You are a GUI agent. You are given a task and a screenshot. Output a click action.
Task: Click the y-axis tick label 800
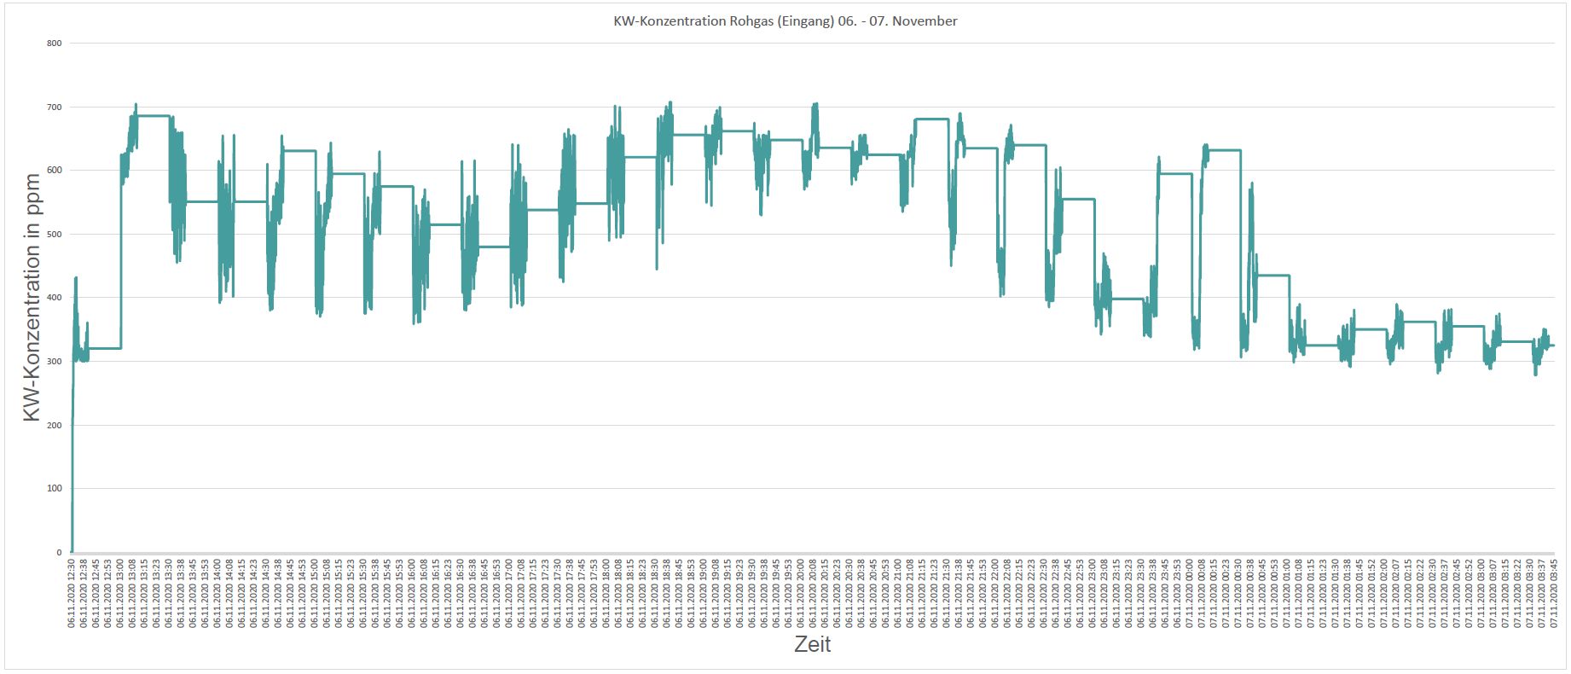[x=54, y=43]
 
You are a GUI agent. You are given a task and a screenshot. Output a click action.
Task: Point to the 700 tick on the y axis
[x=54, y=107]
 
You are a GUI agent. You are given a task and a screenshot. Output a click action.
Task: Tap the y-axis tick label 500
[x=54, y=234]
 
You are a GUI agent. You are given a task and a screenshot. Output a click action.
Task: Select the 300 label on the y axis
[x=54, y=361]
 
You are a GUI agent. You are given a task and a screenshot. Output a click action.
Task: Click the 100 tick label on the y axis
[x=54, y=488]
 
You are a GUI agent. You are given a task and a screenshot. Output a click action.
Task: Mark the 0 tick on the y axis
[x=58, y=552]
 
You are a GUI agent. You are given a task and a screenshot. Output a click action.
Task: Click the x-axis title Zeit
[x=812, y=644]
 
